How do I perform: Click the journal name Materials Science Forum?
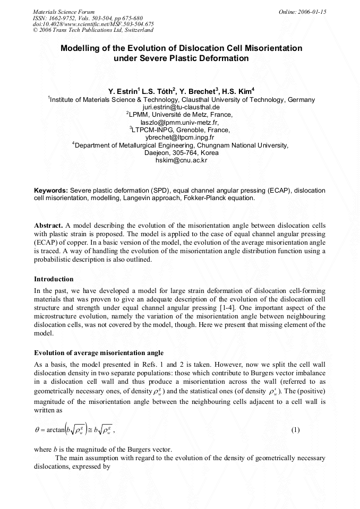coord(64,11)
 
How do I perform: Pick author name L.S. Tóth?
coord(158,91)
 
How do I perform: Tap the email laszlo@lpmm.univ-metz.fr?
coord(181,122)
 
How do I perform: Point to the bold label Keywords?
coord(51,190)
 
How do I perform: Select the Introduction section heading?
coord(54,279)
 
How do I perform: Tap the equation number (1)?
coord(296,429)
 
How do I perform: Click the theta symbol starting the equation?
coord(37,430)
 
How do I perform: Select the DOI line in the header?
coord(93,24)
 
